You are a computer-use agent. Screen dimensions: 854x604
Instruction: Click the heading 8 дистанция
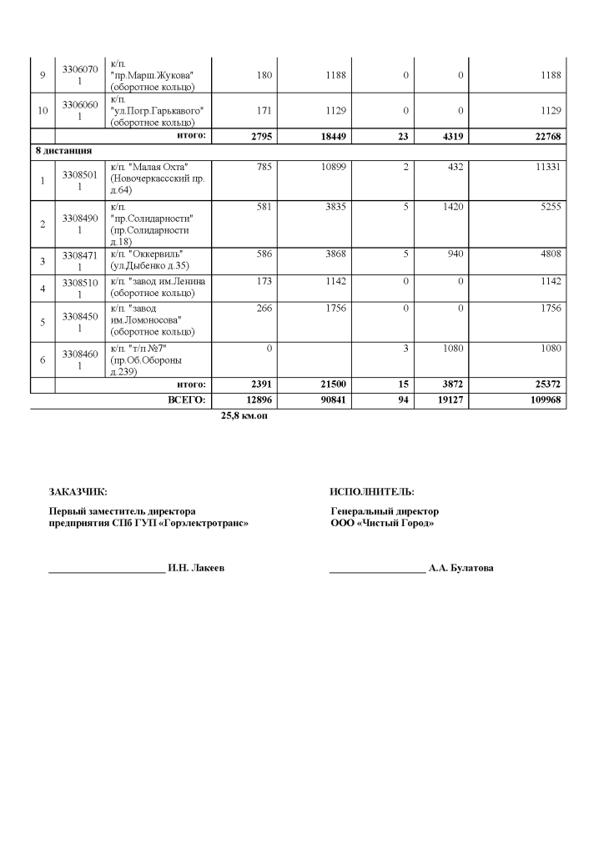63,151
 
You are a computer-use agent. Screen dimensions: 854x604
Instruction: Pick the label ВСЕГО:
187,401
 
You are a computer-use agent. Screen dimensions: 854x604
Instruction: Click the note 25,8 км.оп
244,414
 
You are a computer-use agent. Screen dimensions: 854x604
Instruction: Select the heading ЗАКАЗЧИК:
78,492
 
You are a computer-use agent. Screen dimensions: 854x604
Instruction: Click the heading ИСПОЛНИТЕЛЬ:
372,492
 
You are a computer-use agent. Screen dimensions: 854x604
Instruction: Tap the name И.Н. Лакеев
196,568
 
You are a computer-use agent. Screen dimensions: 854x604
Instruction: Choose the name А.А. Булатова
461,568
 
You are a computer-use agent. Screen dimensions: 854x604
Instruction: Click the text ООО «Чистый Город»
382,523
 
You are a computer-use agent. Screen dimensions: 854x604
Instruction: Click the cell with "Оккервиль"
148,259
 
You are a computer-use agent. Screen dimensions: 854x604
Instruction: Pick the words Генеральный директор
385,511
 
